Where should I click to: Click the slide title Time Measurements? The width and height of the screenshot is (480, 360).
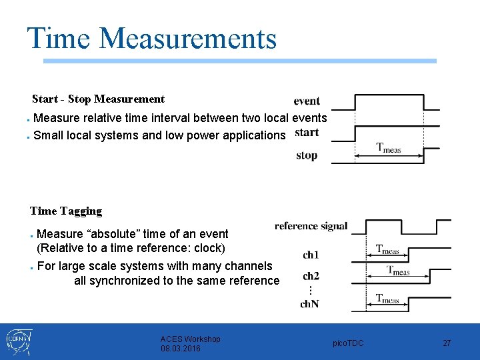tap(151, 38)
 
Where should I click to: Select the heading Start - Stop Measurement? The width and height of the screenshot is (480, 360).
tap(98, 99)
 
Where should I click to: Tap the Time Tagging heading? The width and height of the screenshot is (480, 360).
tap(66, 211)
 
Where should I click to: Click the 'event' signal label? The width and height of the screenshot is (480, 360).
tap(307, 101)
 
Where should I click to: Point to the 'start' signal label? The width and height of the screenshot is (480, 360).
tap(307, 132)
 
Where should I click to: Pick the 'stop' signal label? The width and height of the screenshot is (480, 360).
tap(307, 156)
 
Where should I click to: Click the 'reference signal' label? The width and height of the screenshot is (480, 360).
tap(311, 226)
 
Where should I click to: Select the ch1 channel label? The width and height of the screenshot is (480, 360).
tap(311, 255)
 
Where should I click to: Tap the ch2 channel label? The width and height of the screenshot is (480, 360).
tap(311, 276)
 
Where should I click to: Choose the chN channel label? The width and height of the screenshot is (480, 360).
tap(310, 304)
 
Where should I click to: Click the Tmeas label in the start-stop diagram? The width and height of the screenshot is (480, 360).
tap(389, 149)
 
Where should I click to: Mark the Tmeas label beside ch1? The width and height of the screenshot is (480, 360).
tap(388, 250)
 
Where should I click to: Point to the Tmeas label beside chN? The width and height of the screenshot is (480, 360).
tap(388, 299)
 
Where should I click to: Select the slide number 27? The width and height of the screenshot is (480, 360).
tap(447, 343)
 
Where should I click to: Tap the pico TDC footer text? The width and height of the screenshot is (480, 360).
tap(348, 343)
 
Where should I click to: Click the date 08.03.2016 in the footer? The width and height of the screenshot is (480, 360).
tap(181, 349)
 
